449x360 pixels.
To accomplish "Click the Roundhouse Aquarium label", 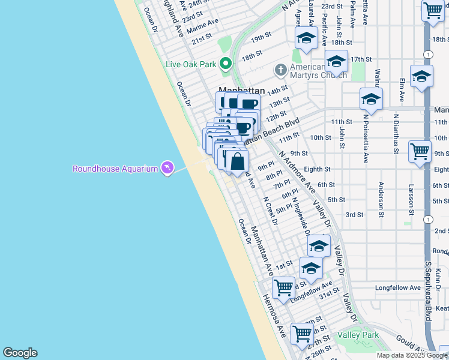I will (x=115, y=169).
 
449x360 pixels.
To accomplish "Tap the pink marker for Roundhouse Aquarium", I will (x=167, y=168).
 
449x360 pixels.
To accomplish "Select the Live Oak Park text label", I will (x=191, y=64).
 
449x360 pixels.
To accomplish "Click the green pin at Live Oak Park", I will (x=226, y=63).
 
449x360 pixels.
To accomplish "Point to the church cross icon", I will (x=280, y=70).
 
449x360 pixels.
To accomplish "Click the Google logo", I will (x=20, y=353).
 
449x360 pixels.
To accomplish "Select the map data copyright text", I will (x=412, y=355).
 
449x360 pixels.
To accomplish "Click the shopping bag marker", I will (x=237, y=161).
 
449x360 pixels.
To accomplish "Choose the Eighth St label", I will (x=317, y=170).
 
